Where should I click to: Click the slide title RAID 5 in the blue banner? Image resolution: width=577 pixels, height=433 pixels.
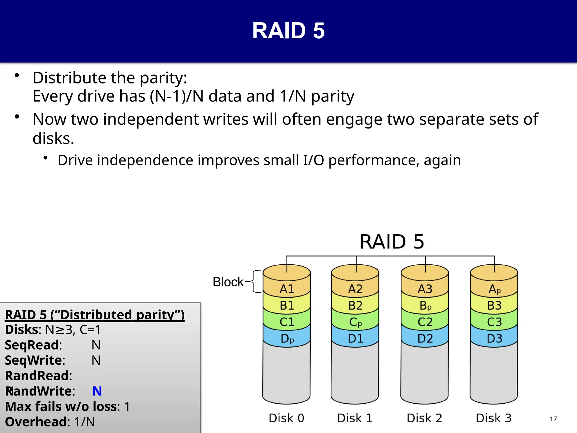288,31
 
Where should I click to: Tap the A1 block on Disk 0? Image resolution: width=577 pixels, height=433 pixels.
287,289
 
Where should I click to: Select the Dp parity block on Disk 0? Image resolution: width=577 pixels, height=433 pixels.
287,338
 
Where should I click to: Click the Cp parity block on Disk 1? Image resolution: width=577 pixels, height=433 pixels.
355,322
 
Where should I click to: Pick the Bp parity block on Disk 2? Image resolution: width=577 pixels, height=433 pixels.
425,306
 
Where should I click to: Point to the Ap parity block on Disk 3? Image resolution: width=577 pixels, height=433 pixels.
494,289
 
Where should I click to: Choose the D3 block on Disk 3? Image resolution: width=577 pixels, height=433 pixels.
494,338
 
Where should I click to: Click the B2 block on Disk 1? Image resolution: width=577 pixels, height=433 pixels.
355,306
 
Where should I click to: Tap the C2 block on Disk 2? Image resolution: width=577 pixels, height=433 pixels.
425,322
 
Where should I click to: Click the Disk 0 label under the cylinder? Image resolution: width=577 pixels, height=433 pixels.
286,418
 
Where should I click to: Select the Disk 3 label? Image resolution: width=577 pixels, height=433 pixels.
494,418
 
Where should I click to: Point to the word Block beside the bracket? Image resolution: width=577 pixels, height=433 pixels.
228,282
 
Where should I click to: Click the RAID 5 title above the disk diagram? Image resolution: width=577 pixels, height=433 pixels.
392,242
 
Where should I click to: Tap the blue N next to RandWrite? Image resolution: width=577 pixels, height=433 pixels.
97,391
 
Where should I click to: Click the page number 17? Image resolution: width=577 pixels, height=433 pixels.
553,419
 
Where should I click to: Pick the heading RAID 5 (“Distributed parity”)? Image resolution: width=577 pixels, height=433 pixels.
95,315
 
